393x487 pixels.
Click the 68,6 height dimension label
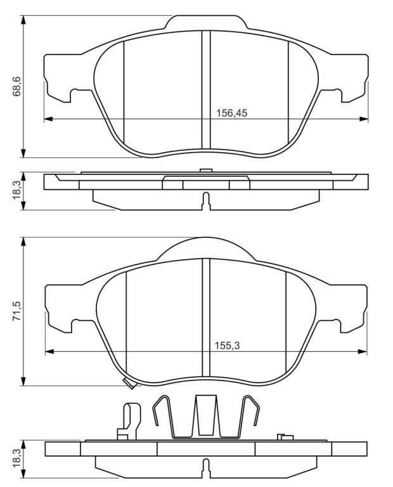click(x=16, y=86)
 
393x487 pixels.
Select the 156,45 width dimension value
click(x=231, y=113)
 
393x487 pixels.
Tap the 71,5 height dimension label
click(x=16, y=311)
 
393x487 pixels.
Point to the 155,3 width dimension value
click(x=227, y=346)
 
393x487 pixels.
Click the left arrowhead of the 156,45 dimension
click(x=49, y=119)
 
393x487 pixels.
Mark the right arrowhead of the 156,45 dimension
click(x=363, y=119)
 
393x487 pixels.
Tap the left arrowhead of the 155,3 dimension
click(x=49, y=351)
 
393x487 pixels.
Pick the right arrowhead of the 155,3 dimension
click(x=363, y=351)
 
